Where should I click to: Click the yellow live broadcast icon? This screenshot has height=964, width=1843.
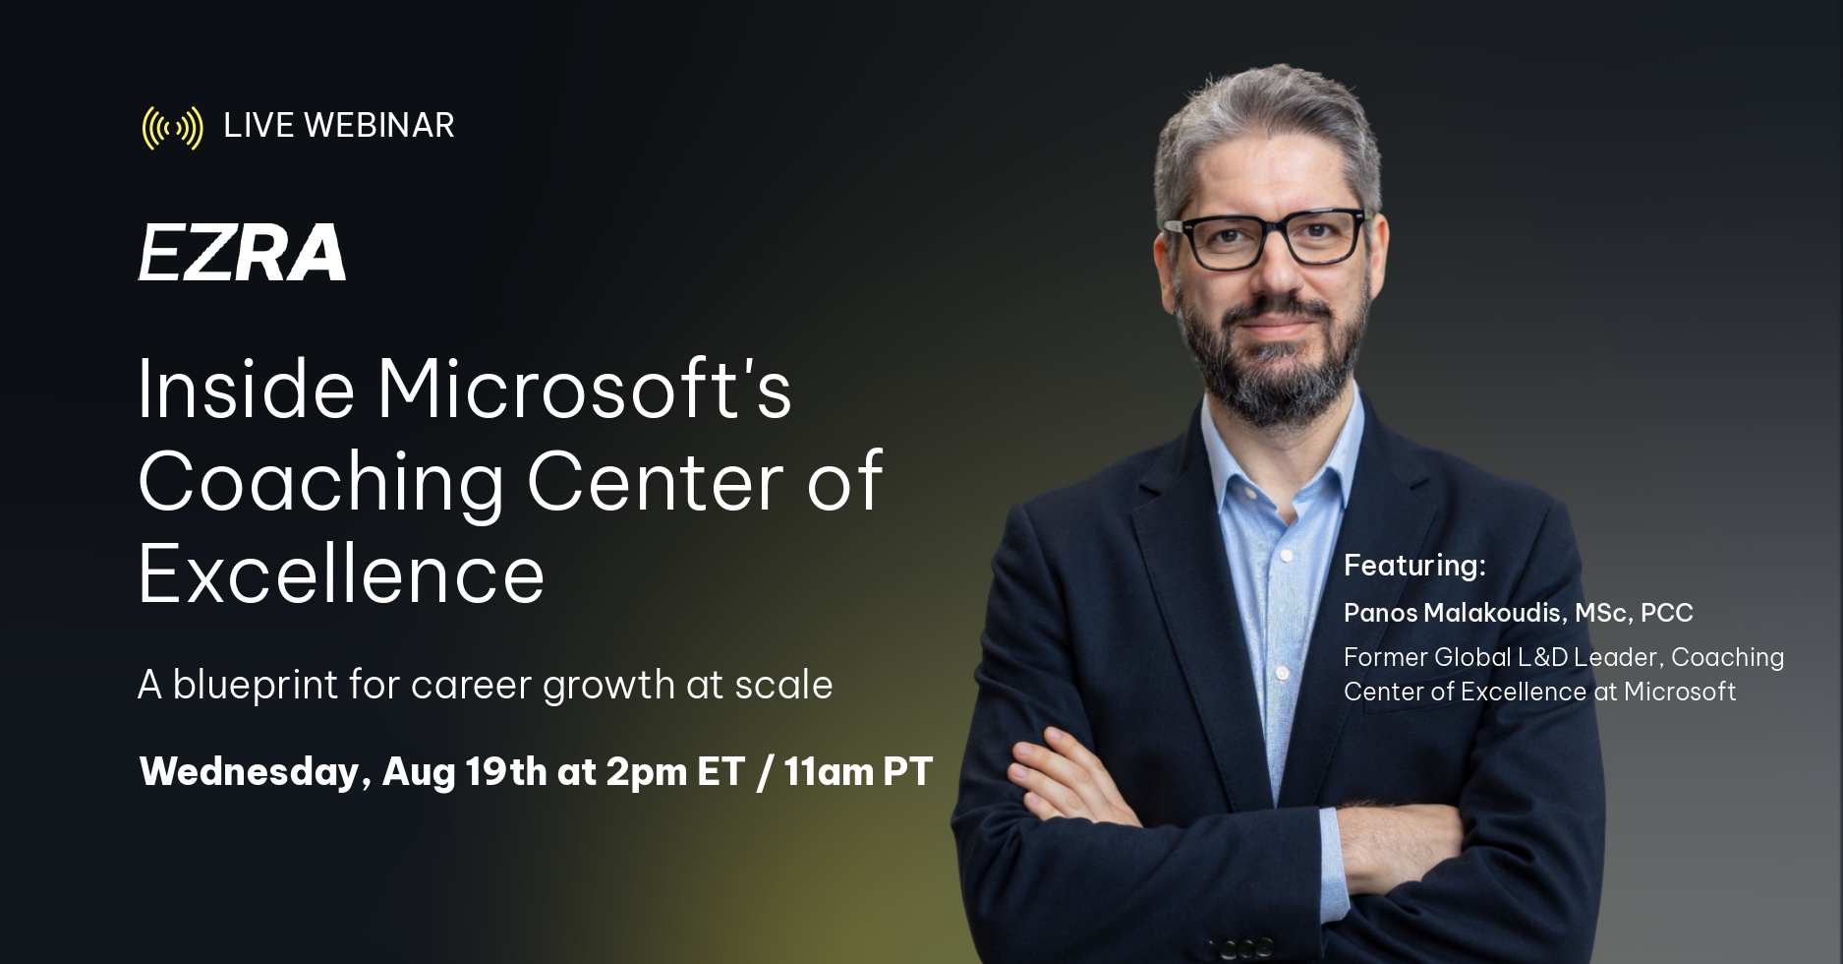click(173, 128)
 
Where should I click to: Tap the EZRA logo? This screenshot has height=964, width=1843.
click(242, 252)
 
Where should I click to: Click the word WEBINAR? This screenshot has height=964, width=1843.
click(379, 126)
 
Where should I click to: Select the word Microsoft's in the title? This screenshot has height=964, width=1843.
click(585, 389)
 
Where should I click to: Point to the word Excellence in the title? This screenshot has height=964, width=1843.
click(341, 574)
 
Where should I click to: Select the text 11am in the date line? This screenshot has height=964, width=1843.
click(829, 772)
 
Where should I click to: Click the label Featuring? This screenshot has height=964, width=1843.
click(1414, 566)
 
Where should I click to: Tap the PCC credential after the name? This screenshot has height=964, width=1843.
click(1667, 613)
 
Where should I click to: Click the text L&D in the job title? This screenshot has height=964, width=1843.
click(1542, 657)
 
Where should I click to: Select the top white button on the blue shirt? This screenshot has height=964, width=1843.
click(1285, 557)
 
